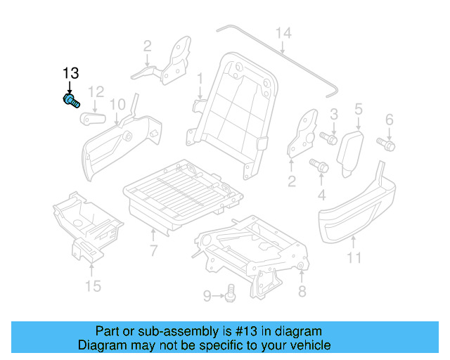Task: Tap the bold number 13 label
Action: point(71,73)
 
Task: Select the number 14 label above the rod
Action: point(283,33)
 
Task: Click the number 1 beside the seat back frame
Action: point(200,77)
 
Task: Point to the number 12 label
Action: point(96,91)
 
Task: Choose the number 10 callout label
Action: point(117,105)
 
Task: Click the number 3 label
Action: point(334,114)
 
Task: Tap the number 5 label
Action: point(358,109)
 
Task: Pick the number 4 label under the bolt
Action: point(322,194)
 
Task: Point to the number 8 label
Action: point(302,290)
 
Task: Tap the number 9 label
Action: point(207,296)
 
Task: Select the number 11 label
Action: point(354,258)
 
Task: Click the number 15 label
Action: point(93,285)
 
